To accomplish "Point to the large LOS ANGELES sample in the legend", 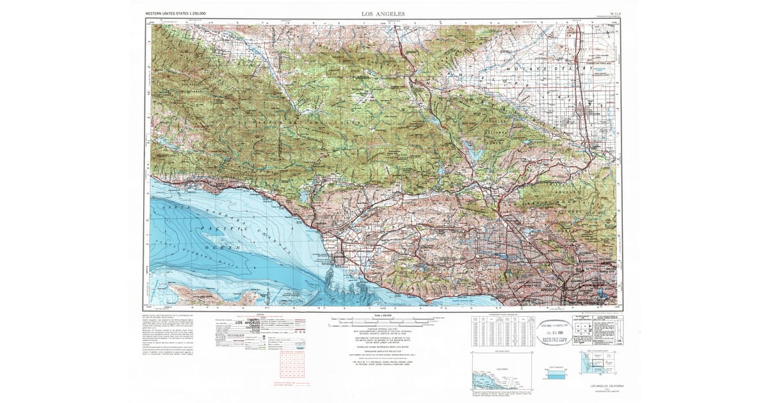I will point(248,323).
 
